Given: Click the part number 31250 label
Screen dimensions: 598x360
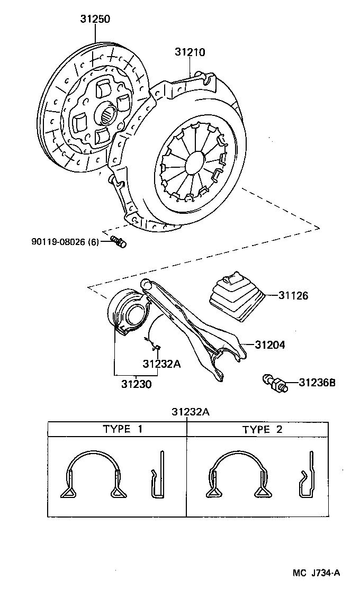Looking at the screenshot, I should click(95, 19).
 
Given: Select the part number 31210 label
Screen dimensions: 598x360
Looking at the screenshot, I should click(190, 52).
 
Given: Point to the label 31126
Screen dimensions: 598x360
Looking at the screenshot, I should click(293, 295).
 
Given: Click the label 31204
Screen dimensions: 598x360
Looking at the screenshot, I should click(269, 345).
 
